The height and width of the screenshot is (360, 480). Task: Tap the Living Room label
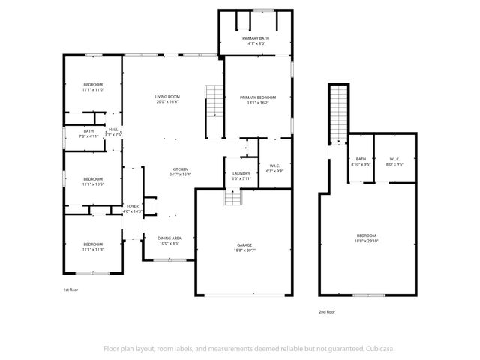tap(166, 99)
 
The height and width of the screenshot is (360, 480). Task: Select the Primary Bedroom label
tap(257, 100)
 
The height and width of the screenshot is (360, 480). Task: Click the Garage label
tap(244, 247)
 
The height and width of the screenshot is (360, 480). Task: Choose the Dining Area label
tap(169, 241)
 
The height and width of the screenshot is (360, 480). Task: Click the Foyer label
tap(133, 208)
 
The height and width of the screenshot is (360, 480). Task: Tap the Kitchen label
tap(181, 172)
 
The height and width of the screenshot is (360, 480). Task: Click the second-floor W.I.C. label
tap(394, 161)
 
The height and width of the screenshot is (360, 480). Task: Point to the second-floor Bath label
tap(361, 161)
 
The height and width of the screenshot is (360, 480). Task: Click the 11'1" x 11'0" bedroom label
tap(93, 86)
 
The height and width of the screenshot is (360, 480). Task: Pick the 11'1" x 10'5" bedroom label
tap(93, 181)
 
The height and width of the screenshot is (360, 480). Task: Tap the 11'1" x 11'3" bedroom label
tap(93, 246)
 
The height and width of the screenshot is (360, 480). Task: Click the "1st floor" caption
tap(70, 289)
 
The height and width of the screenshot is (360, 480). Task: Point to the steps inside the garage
tap(232, 197)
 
